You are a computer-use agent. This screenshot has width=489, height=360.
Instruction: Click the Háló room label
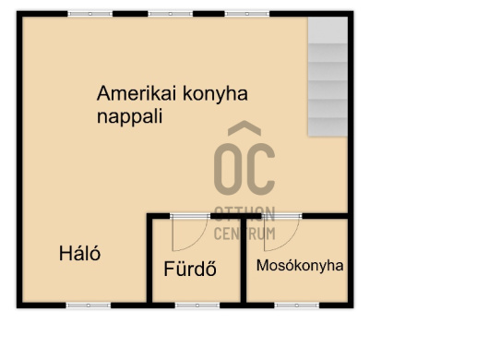tap(80, 253)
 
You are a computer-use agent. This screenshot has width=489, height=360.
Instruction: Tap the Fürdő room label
tap(190, 269)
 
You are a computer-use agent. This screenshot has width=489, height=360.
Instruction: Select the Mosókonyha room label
tap(300, 266)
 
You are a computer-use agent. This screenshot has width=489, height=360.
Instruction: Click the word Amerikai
tap(137, 93)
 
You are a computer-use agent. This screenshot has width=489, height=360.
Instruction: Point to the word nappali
tap(129, 117)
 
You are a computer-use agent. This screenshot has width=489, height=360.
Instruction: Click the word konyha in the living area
tap(215, 93)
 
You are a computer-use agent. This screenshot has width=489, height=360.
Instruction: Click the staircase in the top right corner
tap(328, 77)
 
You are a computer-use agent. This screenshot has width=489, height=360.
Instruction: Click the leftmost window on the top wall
tap(89, 14)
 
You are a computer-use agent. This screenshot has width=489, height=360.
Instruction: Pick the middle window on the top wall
tap(171, 14)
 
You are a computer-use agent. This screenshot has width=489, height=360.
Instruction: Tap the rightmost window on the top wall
tap(247, 14)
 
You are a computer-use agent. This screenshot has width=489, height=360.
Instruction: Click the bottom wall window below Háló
tap(89, 306)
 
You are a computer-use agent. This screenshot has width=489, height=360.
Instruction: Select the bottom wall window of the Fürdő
tap(197, 306)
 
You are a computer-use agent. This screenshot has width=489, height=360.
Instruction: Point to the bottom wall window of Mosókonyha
tap(296, 306)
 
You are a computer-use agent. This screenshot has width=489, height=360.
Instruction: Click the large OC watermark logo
tap(244, 169)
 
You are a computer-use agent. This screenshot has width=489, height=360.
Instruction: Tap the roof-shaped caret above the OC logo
tap(244, 128)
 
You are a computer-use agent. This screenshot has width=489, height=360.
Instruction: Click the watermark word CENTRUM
tap(244, 234)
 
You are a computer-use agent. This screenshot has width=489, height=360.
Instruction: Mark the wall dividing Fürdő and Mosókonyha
tap(244, 260)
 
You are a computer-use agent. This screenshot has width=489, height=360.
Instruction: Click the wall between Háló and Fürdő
tap(149, 260)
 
